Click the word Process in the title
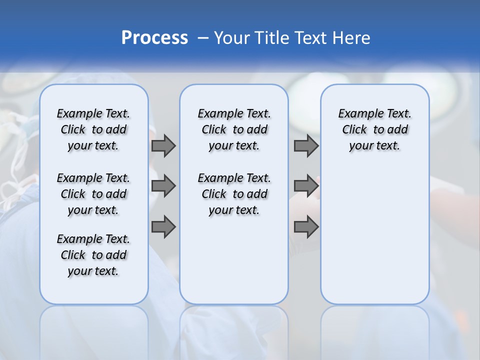point(154,38)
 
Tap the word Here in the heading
point(352,38)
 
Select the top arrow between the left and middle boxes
point(163,145)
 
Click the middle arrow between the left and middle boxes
point(163,186)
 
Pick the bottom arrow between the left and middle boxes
point(163,227)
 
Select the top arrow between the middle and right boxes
point(306,145)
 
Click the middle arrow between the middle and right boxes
point(306,186)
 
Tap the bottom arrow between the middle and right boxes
point(306,227)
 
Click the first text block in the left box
point(93,129)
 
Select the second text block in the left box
point(93,194)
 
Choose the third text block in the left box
point(93,255)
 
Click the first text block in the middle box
point(234,129)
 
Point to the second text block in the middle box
point(234,194)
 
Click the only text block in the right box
point(374,129)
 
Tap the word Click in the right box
point(354,130)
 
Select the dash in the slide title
point(202,38)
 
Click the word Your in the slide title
point(231,38)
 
